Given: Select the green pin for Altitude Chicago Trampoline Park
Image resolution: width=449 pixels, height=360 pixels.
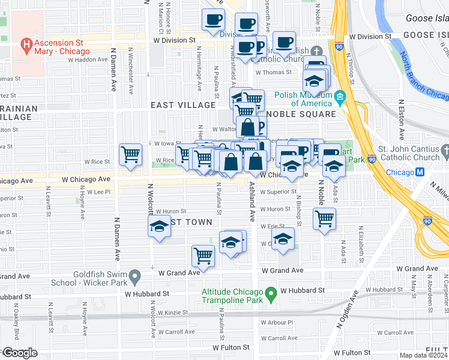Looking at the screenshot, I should [271, 294].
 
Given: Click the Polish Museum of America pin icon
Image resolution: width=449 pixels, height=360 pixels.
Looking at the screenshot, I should [340, 97].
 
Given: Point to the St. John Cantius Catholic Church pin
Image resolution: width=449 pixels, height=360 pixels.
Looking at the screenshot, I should [444, 149].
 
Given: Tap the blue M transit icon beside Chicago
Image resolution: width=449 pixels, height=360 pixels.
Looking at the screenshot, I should [420, 172].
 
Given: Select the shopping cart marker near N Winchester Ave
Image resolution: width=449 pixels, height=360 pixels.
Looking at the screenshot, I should [130, 155].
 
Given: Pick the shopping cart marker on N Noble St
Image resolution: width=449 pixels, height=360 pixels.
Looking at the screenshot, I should [324, 219].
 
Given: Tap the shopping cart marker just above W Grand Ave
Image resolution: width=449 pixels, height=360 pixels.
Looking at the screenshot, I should [203, 256].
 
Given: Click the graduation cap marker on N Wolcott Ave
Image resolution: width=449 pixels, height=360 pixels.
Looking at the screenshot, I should [159, 227].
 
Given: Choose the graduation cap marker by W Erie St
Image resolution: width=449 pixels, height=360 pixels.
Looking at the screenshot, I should [283, 239].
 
